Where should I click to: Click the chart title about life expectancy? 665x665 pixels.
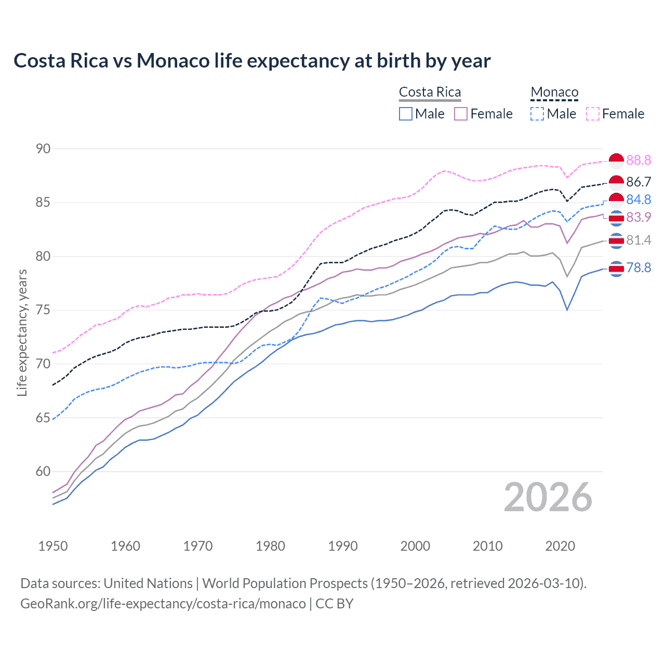(x=252, y=61)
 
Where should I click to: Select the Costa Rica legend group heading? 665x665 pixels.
(x=430, y=92)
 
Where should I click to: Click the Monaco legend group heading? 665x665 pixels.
(x=554, y=92)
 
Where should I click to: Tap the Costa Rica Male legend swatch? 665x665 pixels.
(x=406, y=114)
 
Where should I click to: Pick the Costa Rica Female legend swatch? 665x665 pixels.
(x=461, y=114)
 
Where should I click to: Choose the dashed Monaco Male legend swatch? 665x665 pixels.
(x=537, y=114)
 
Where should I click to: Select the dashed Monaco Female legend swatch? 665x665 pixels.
(x=593, y=114)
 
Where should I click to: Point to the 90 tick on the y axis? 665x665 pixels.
(x=43, y=149)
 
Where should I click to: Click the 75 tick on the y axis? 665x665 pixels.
(x=43, y=310)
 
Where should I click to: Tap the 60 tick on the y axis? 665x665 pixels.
(x=43, y=472)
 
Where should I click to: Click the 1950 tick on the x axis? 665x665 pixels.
(x=53, y=546)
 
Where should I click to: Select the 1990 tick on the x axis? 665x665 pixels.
(x=343, y=546)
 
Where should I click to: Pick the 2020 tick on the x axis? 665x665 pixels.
(x=560, y=546)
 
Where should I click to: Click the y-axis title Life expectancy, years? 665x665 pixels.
(x=22, y=332)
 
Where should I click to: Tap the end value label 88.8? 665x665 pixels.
(x=639, y=160)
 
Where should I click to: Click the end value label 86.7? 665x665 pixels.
(x=639, y=182)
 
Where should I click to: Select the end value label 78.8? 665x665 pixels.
(x=639, y=268)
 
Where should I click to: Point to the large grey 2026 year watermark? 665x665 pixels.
(x=548, y=497)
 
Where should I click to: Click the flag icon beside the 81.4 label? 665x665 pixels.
(x=616, y=241)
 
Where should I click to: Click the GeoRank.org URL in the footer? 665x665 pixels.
(x=163, y=604)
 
